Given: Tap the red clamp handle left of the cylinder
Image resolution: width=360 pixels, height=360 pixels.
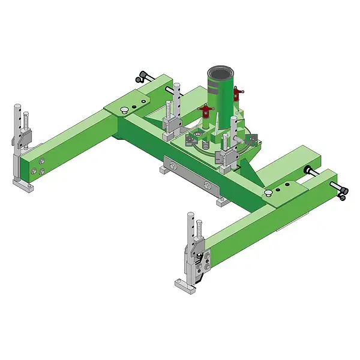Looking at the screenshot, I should [x=206, y=110].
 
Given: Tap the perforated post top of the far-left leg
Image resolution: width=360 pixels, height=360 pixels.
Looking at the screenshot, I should [x=19, y=113].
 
